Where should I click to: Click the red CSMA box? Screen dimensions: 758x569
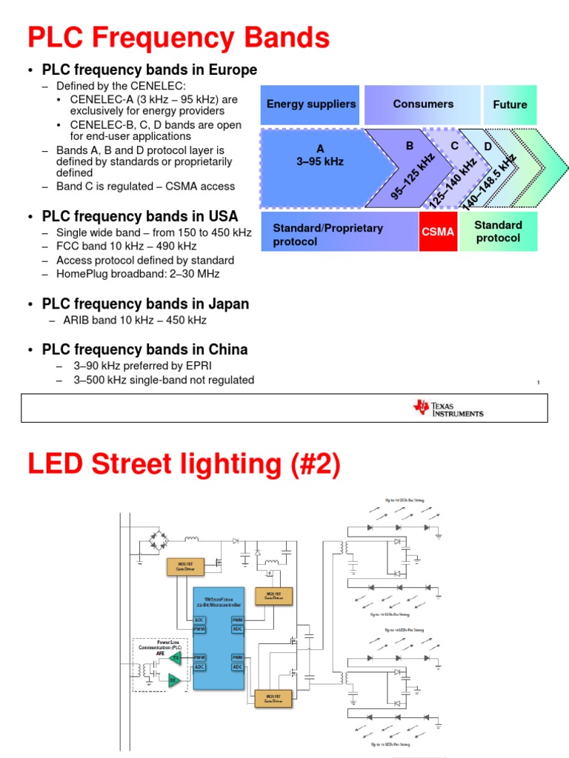(438, 232)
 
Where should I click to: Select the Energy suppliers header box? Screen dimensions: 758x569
(310, 104)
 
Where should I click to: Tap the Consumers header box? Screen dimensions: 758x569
(422, 104)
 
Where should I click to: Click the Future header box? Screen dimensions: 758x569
(510, 104)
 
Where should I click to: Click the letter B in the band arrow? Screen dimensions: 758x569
(409, 147)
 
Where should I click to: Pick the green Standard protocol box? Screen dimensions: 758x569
(498, 231)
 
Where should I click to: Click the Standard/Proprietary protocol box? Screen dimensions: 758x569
(339, 235)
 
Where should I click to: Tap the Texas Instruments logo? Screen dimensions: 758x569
(449, 408)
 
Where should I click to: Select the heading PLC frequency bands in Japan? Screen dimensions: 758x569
(145, 304)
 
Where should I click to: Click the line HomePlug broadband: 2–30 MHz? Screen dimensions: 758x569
(138, 274)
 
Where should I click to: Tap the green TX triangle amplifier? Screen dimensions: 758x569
(176, 657)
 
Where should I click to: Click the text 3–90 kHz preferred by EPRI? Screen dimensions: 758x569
(139, 365)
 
